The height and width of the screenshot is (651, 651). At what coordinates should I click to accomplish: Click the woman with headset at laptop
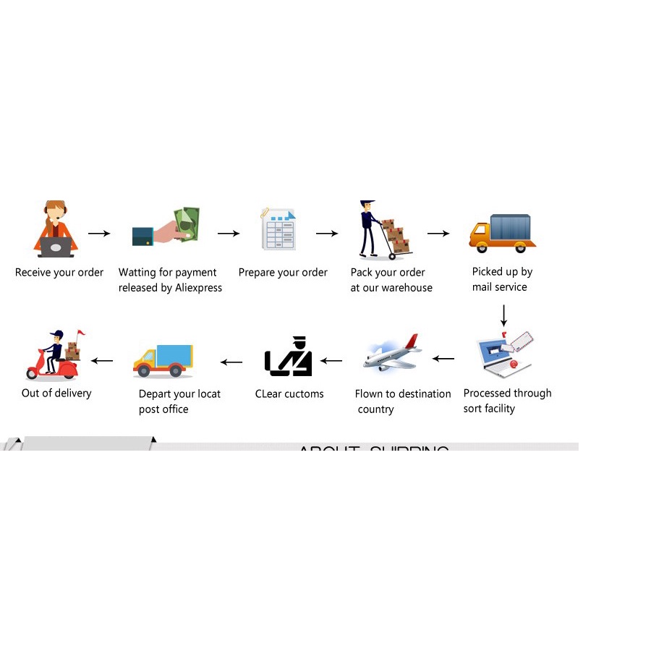click(56, 229)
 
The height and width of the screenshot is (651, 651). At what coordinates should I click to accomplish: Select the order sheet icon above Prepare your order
click(278, 229)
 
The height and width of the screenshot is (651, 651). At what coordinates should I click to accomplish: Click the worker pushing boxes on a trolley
click(383, 230)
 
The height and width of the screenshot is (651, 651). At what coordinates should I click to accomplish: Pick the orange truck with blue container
click(503, 233)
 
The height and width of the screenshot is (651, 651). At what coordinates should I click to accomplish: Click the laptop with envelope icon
click(506, 354)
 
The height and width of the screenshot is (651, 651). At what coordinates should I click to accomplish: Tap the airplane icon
click(391, 354)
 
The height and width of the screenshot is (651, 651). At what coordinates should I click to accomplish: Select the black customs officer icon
click(289, 357)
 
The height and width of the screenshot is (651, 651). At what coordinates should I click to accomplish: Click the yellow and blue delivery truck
click(163, 360)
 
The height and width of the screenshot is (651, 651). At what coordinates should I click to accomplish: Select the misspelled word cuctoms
click(304, 394)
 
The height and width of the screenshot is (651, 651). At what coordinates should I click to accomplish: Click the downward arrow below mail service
click(503, 314)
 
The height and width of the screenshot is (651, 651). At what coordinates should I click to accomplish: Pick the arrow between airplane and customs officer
click(331, 360)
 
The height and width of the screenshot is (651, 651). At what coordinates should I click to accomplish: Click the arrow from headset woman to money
click(99, 234)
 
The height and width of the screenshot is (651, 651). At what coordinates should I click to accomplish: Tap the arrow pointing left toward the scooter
click(102, 360)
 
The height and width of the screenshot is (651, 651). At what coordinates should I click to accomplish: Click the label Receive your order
click(59, 273)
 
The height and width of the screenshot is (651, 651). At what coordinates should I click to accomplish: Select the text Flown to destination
click(403, 394)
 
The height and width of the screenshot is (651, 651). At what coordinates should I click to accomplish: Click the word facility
click(499, 409)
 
